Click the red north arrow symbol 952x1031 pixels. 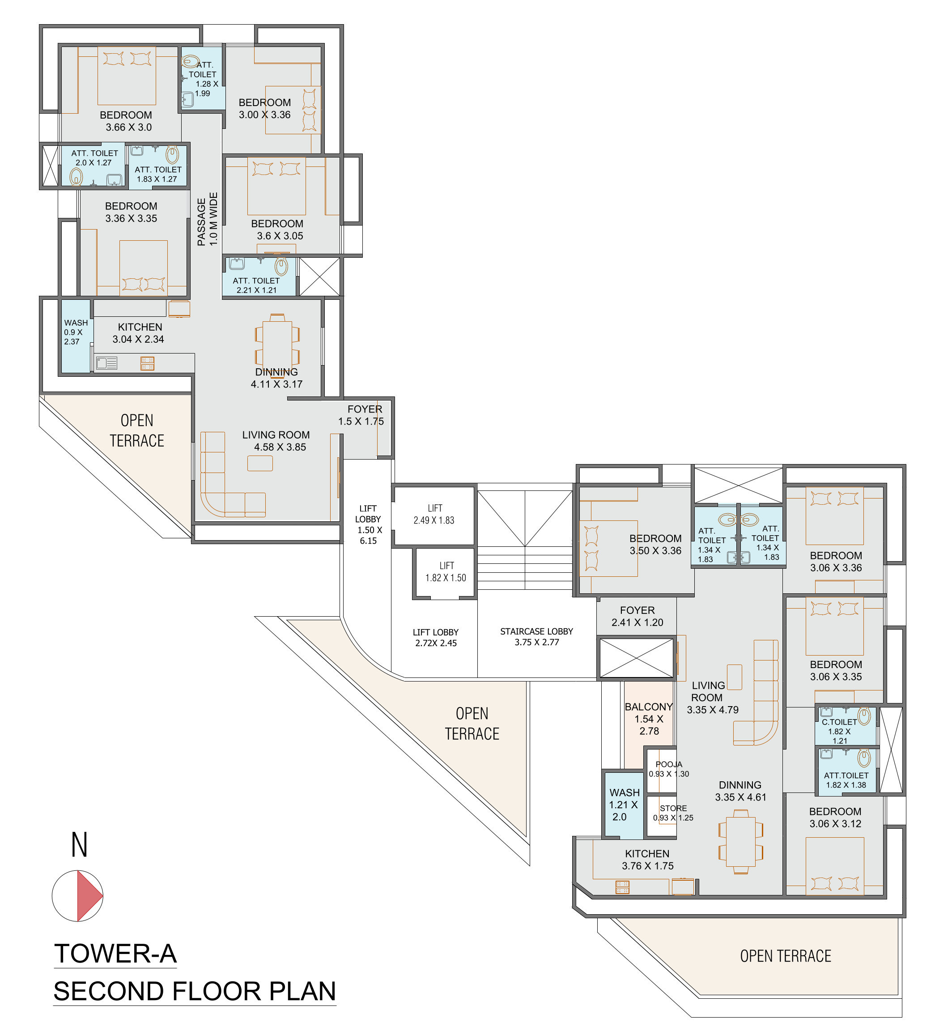pos(89,895)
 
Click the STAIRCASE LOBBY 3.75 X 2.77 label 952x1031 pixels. pos(536,636)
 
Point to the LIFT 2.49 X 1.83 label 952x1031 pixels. pos(434,514)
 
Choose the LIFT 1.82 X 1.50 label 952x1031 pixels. pos(446,571)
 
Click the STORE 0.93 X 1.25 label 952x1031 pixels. pos(673,813)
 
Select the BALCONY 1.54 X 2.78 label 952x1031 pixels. pos(649,718)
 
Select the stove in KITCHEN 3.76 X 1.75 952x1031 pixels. pos(622,887)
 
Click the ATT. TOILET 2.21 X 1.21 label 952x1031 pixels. pos(256,285)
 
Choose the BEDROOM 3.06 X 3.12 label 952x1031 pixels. pos(835,817)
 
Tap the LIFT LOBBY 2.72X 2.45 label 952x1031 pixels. pos(435,637)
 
